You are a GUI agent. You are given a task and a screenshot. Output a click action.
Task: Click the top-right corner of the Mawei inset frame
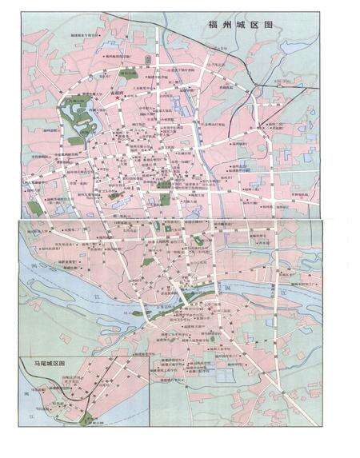pyautogui.click(x=150, y=356)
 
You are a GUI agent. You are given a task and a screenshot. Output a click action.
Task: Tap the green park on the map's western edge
pyautogui.click(x=34, y=207)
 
